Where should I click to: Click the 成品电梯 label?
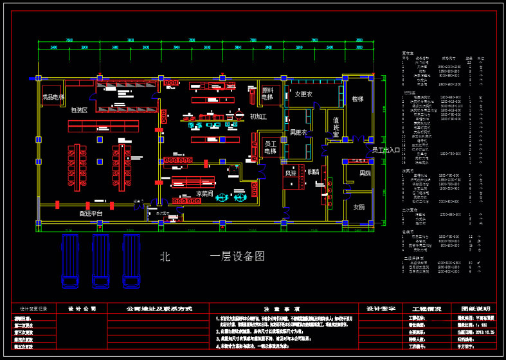[x=53, y=97]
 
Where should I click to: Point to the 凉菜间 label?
[x=204, y=193]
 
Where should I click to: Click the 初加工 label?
[x=258, y=116]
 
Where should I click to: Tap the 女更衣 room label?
[x=303, y=94]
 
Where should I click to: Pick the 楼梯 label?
[x=357, y=100]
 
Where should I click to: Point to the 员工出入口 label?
[x=385, y=150]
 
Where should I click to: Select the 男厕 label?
[x=365, y=174]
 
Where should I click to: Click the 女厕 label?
[x=358, y=207]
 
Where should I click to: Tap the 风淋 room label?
[x=291, y=173]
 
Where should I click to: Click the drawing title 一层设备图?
[x=237, y=256]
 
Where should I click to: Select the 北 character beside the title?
[x=165, y=256]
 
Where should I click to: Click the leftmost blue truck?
[x=69, y=260]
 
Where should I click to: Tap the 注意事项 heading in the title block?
[x=279, y=309]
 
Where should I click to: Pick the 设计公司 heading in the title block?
[x=82, y=309]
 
